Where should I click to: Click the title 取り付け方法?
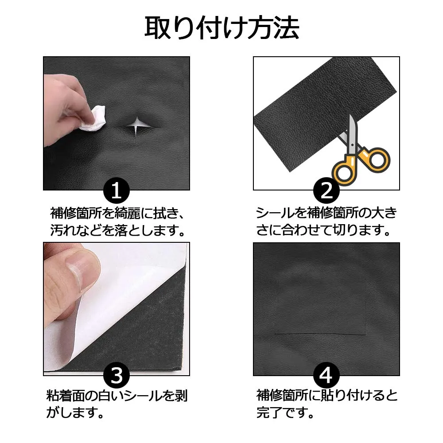point(222,28)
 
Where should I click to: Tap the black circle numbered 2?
point(326,190)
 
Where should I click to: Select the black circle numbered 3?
point(117,376)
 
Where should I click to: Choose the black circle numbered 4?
point(326,376)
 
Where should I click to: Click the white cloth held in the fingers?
point(93,118)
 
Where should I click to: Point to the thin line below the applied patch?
point(320,334)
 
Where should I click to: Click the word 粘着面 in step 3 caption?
point(66,396)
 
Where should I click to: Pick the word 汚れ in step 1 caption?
point(63,230)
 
